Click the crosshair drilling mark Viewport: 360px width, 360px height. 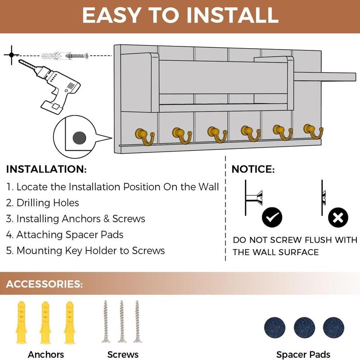10,55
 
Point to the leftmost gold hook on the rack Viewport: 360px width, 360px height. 145,135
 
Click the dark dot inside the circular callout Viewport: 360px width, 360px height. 79,136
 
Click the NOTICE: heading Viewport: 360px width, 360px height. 253,170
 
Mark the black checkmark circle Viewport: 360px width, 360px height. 272,217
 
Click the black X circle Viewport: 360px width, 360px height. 338,217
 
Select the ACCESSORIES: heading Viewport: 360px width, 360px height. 45,284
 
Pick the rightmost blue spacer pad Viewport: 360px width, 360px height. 333,327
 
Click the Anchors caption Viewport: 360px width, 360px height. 46,354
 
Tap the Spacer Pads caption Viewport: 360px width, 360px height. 303,354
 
